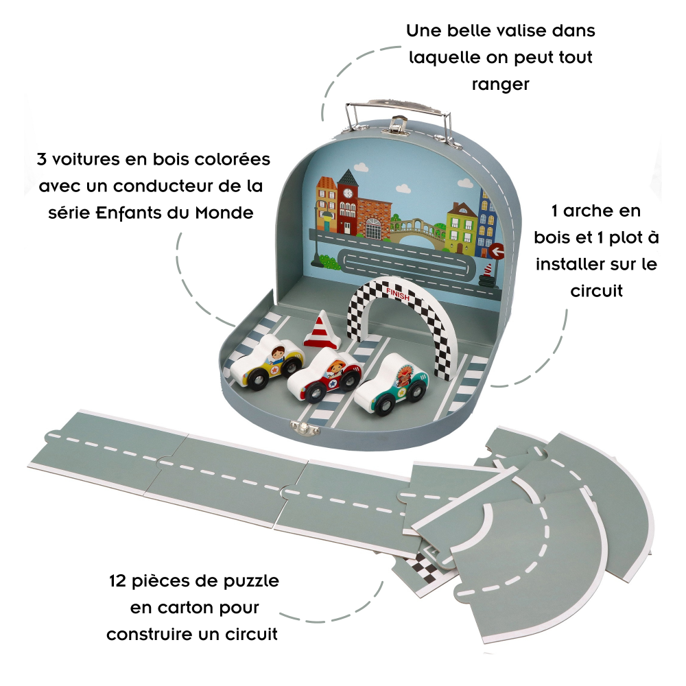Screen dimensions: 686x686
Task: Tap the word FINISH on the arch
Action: point(398,294)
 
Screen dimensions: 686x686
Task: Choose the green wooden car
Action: point(391,385)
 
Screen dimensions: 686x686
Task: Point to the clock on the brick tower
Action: point(347,193)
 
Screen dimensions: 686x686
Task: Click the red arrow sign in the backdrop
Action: point(496,250)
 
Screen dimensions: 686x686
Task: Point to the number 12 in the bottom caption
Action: point(118,582)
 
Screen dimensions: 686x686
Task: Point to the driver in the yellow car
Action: point(278,354)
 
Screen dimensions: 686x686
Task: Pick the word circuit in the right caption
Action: point(596,291)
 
